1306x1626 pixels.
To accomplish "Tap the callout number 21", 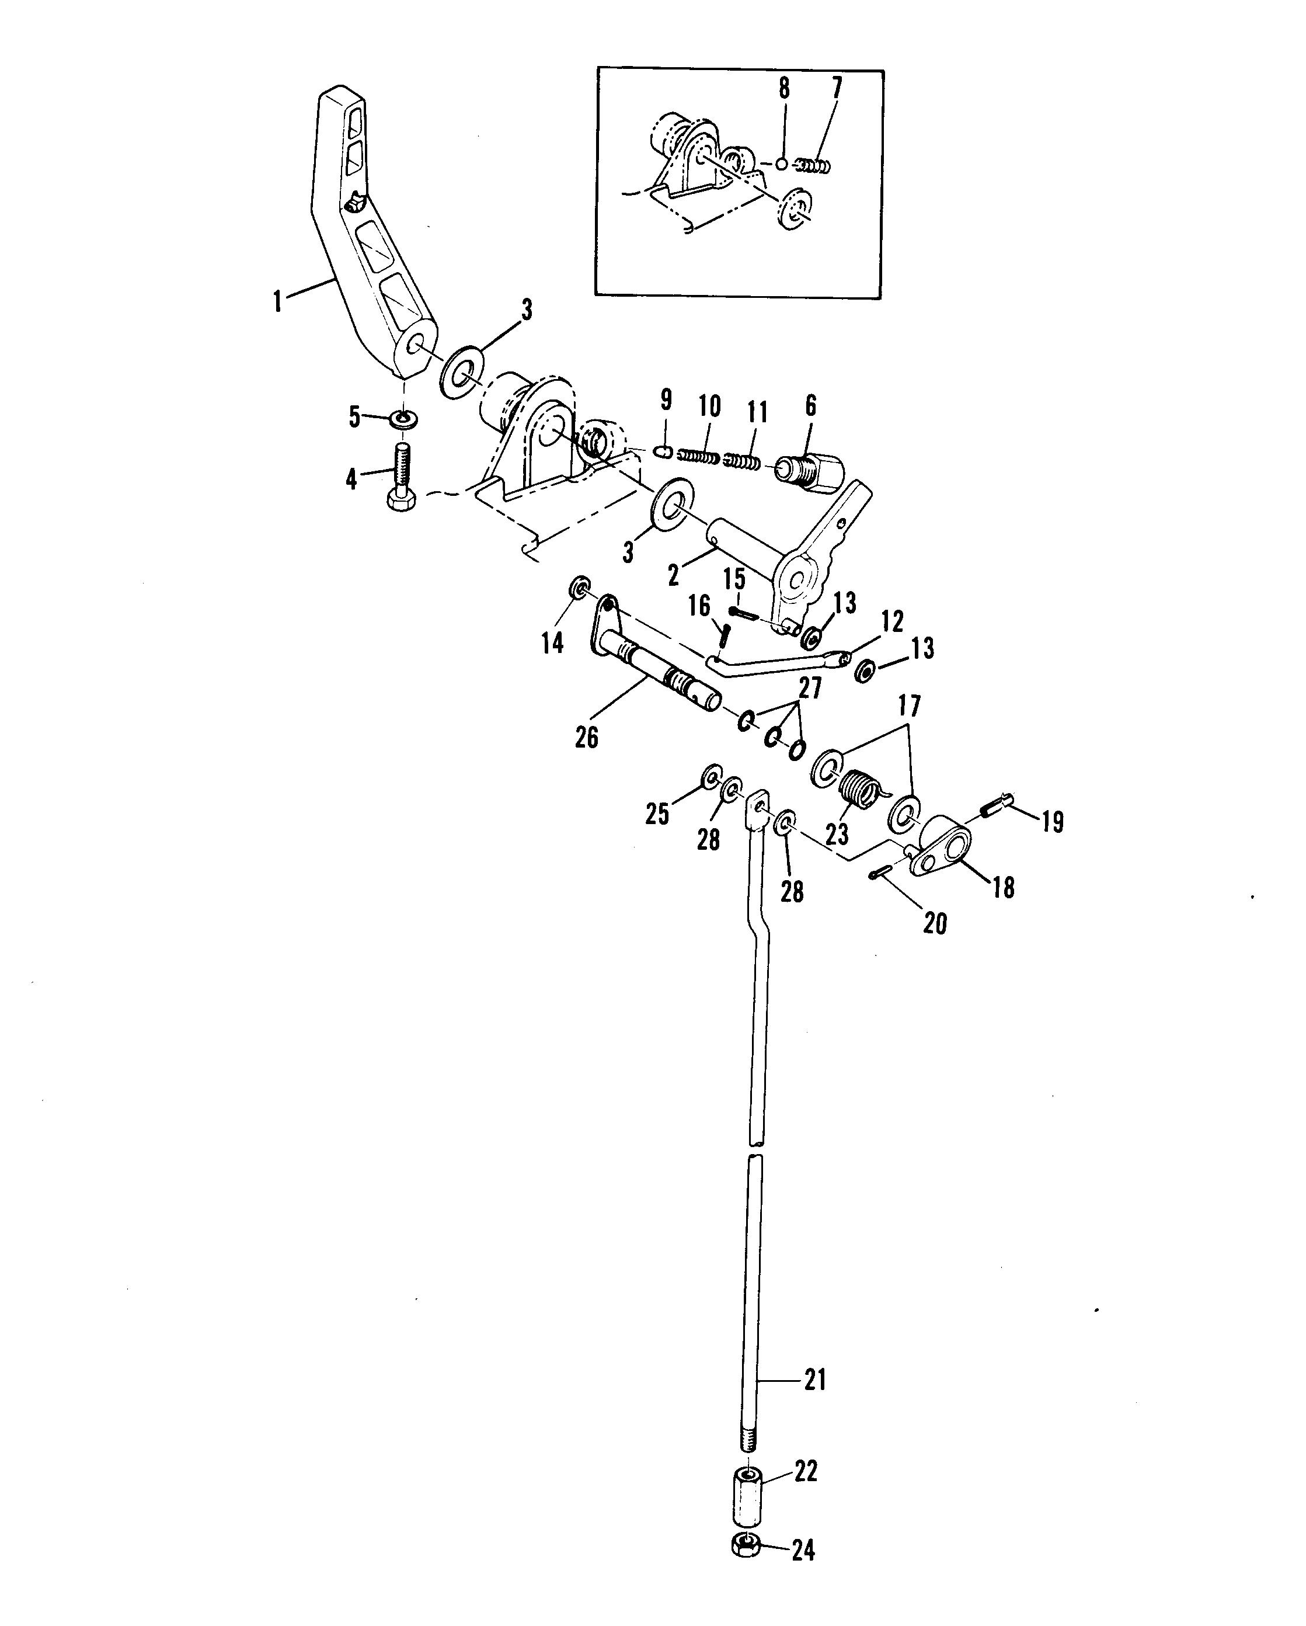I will click(815, 1380).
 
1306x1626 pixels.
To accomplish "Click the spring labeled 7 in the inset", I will click(814, 164).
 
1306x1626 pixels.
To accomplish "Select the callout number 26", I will click(587, 737).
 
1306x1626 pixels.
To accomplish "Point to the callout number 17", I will click(910, 707).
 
